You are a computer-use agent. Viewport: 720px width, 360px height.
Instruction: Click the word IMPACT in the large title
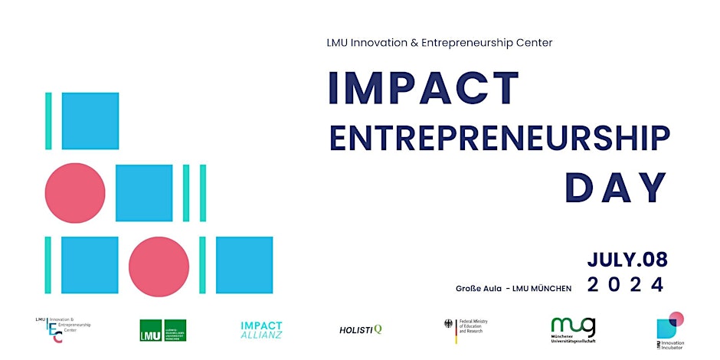424,88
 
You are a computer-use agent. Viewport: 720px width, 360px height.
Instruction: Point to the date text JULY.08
627,260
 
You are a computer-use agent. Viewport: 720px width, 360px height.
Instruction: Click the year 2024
627,285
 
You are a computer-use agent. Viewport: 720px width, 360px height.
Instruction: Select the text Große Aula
478,288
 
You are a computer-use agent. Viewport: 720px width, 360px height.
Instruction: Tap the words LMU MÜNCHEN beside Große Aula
543,288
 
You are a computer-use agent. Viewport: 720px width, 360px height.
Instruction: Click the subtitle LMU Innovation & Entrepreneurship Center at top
439,43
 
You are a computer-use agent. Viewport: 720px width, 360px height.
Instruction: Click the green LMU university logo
162,330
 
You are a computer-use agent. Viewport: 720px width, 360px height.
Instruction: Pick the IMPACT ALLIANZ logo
261,330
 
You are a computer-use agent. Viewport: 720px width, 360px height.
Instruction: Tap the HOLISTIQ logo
360,329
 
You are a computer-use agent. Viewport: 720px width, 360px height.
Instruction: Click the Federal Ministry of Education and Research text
472,326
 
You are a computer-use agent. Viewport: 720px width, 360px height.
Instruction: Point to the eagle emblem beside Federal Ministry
449,326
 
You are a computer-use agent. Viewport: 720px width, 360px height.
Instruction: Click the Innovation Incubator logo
669,328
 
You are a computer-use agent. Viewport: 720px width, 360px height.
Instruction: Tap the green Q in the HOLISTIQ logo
378,329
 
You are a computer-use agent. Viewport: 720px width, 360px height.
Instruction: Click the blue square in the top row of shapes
90,120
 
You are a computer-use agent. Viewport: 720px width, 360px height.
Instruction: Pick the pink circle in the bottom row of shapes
159,267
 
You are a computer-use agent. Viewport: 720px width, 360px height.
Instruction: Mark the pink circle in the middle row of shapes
75,193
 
